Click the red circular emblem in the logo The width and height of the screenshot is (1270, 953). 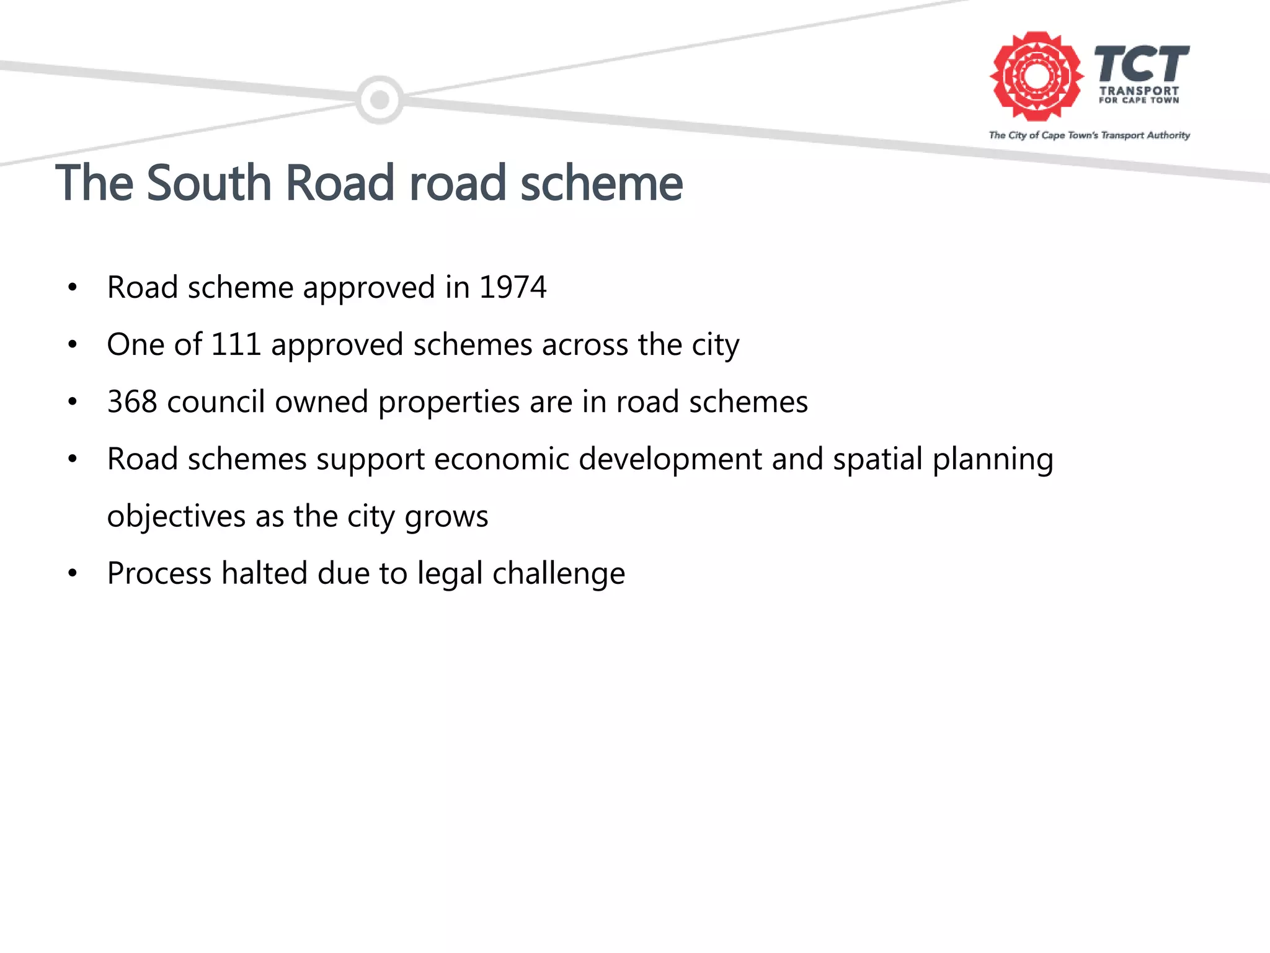pos(1036,76)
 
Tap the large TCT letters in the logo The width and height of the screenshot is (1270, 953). pos(1142,63)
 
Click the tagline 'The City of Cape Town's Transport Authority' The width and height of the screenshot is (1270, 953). pos(1089,135)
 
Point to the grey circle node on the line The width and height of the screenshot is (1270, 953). pos(380,100)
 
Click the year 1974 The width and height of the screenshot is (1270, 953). pos(513,287)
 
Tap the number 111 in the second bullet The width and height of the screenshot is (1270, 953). pos(236,344)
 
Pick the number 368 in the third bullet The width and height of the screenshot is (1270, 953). pos(132,401)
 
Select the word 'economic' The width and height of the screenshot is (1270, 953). pos(501,459)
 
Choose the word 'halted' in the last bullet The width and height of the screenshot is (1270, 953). pos(264,573)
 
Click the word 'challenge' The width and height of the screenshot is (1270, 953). pos(558,574)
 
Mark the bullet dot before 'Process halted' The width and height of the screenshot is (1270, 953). pos(73,573)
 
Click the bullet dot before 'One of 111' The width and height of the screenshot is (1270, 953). pos(73,344)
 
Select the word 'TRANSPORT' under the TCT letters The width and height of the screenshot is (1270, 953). pos(1139,91)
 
